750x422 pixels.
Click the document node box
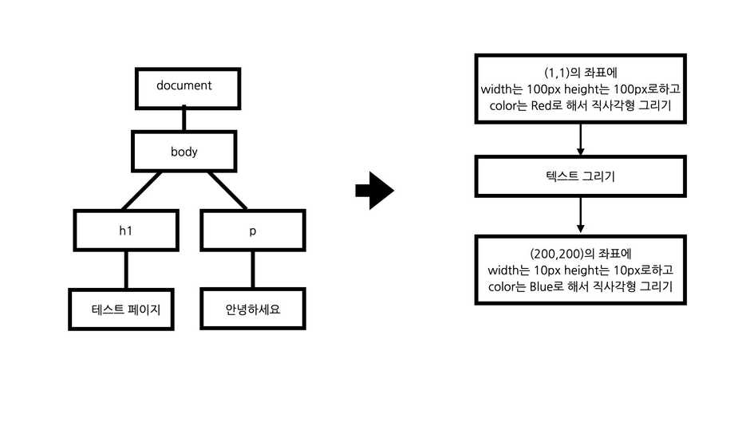pyautogui.click(x=184, y=86)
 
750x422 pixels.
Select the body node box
pyautogui.click(x=184, y=151)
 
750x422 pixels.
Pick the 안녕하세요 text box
pyautogui.click(x=253, y=310)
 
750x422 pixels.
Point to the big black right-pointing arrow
pyautogui.click(x=374, y=191)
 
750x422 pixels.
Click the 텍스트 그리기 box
pyautogui.click(x=580, y=176)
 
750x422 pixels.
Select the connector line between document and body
pyautogui.click(x=184, y=119)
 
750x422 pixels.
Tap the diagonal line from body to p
pyautogui.click(x=227, y=191)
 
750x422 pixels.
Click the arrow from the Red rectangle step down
pyautogui.click(x=580, y=140)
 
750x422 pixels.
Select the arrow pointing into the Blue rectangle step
pyautogui.click(x=580, y=215)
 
